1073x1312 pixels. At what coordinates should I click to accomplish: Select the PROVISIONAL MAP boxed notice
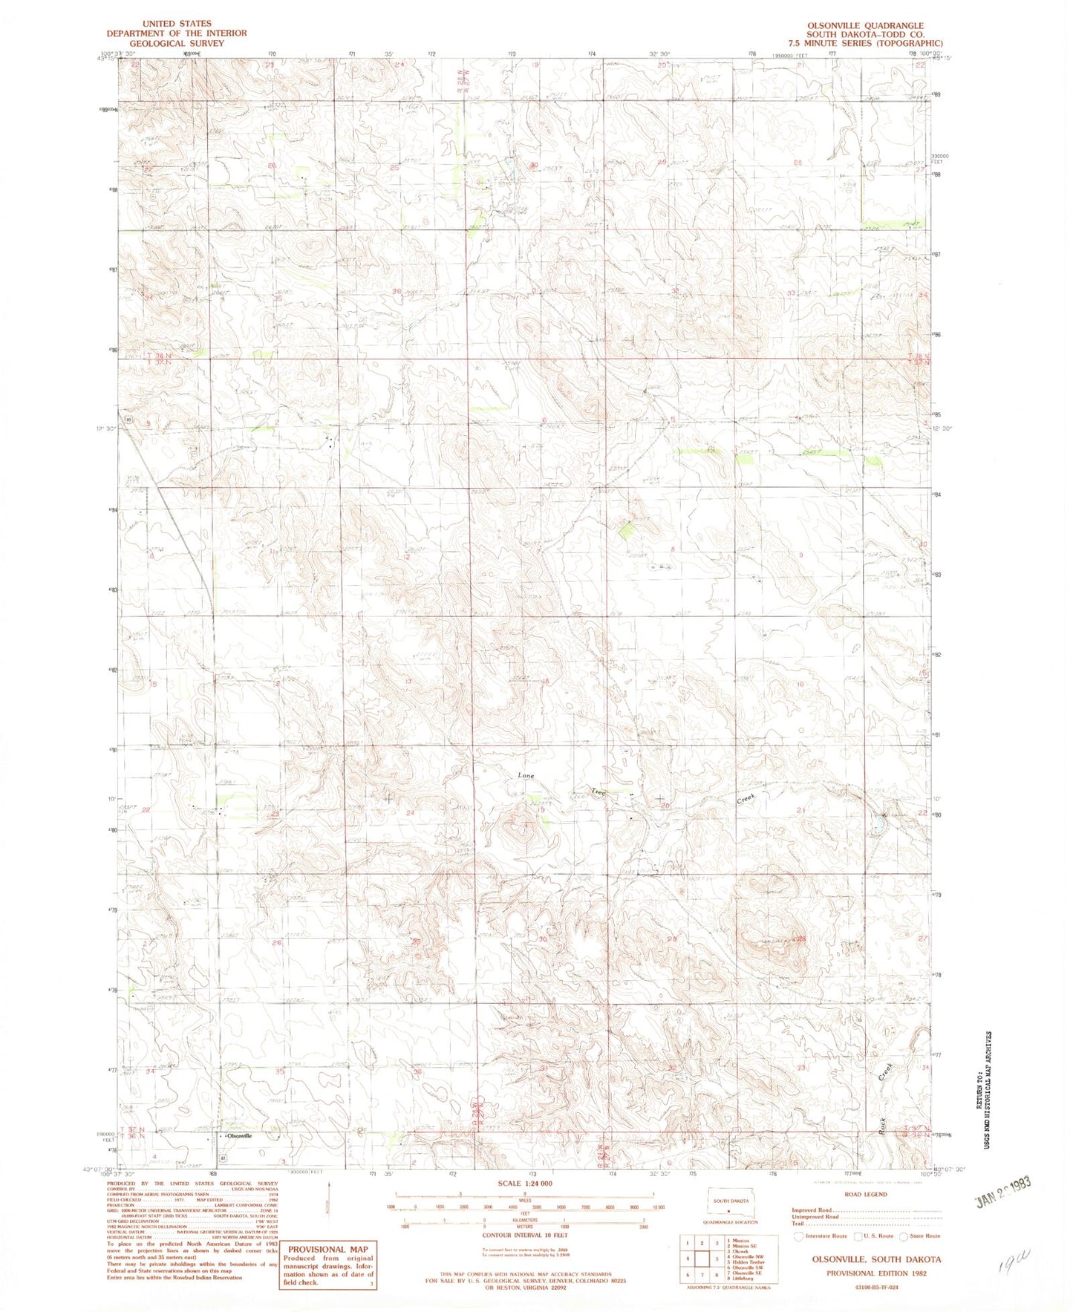pyautogui.click(x=327, y=1264)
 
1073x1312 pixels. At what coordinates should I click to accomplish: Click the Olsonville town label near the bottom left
pyautogui.click(x=239, y=1136)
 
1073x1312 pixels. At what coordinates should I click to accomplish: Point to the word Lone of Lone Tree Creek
pyautogui.click(x=526, y=775)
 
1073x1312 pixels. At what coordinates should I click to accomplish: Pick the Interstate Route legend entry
pyautogui.click(x=820, y=1236)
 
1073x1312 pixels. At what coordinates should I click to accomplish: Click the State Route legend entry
pyautogui.click(x=919, y=1236)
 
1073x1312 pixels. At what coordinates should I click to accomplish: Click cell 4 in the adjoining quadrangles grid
pyautogui.click(x=688, y=1259)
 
